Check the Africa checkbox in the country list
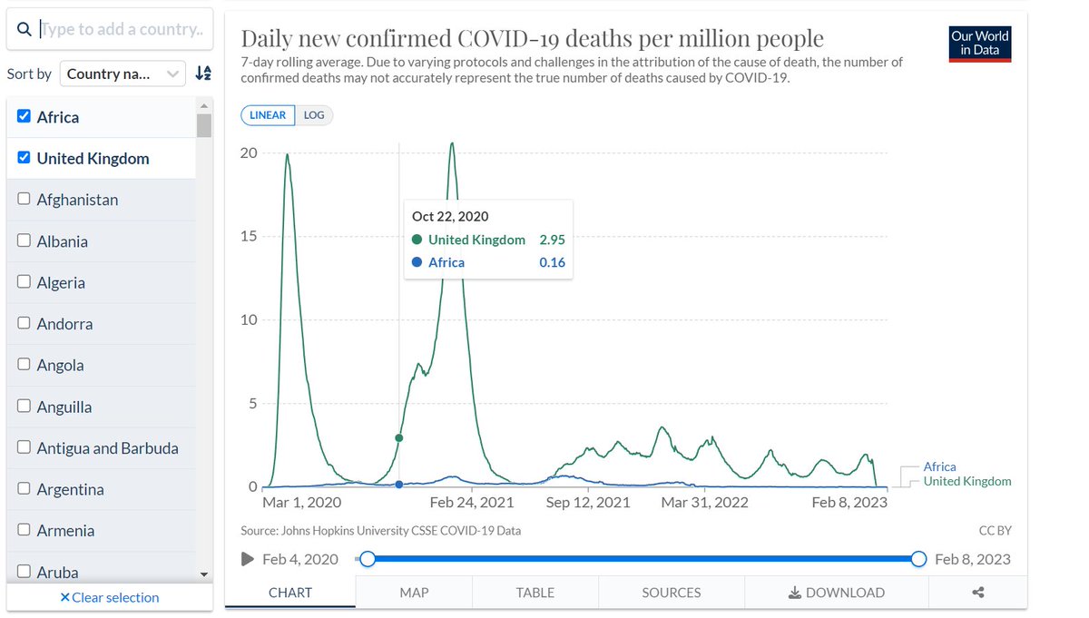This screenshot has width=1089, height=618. pyautogui.click(x=24, y=117)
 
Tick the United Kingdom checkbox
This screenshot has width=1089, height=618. pyautogui.click(x=24, y=158)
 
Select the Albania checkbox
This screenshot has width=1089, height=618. pyautogui.click(x=24, y=241)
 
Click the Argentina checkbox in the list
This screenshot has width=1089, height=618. pyautogui.click(x=24, y=489)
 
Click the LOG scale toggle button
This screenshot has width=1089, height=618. pyautogui.click(x=313, y=115)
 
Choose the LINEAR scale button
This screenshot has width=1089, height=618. pyautogui.click(x=268, y=115)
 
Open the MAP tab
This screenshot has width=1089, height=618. pyautogui.click(x=414, y=593)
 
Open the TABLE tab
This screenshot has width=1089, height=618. pyautogui.click(x=535, y=593)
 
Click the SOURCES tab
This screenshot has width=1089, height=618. pyautogui.click(x=671, y=593)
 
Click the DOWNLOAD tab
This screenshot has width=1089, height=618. pyautogui.click(x=836, y=593)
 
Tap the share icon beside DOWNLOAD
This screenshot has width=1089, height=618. pyautogui.click(x=977, y=593)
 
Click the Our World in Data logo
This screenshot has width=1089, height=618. pyautogui.click(x=979, y=43)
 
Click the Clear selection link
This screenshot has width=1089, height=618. pyautogui.click(x=109, y=597)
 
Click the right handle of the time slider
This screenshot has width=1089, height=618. pyautogui.click(x=918, y=559)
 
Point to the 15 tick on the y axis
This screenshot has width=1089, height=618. pyautogui.click(x=248, y=237)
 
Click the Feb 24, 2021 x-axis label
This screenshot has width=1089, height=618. pyautogui.click(x=472, y=503)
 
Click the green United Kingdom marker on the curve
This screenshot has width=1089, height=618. pyautogui.click(x=399, y=438)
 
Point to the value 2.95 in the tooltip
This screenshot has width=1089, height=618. pyautogui.click(x=551, y=240)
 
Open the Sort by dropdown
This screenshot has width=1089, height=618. pyautogui.click(x=123, y=74)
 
